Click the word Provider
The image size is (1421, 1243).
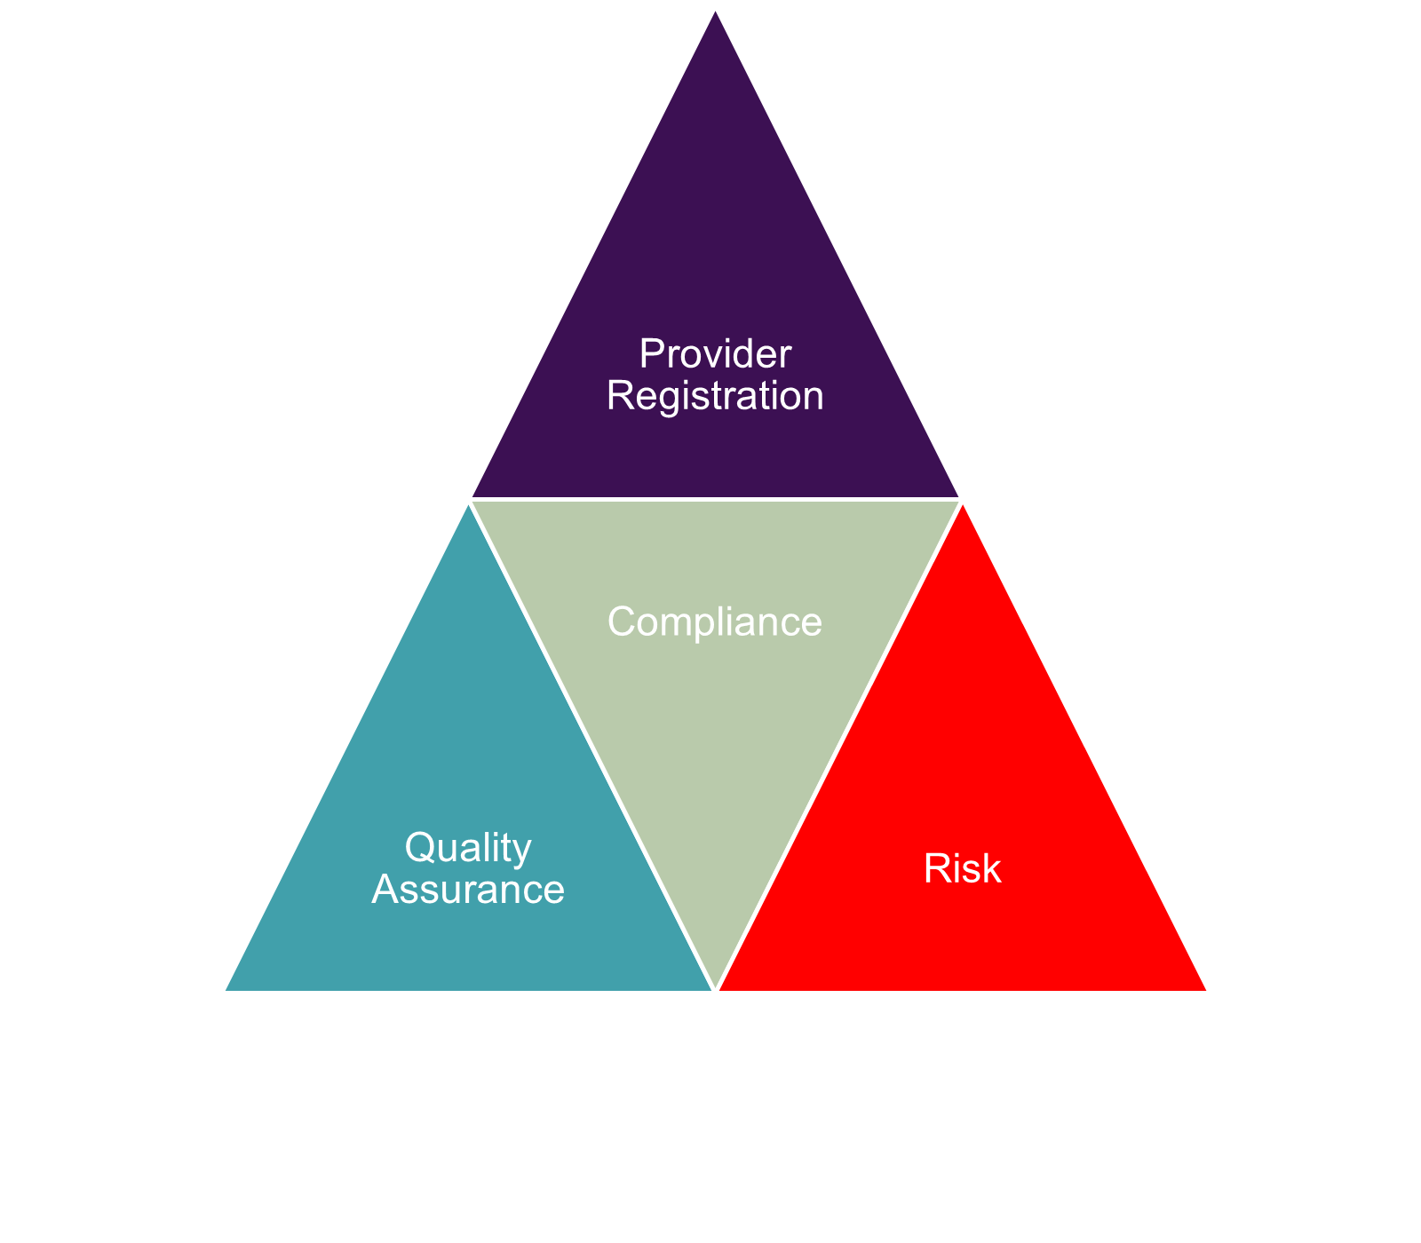(715, 355)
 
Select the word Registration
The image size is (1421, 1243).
(715, 396)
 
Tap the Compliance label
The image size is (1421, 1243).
(715, 622)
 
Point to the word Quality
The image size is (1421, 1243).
(468, 849)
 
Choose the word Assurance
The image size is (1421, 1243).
(468, 889)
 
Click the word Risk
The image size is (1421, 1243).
(962, 869)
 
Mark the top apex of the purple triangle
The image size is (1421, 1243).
(716, 14)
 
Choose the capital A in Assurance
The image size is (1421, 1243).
(385, 889)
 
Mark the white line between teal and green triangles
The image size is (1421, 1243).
(592, 745)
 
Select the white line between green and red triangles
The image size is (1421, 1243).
(838, 745)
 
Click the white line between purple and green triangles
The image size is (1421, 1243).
(715, 500)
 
